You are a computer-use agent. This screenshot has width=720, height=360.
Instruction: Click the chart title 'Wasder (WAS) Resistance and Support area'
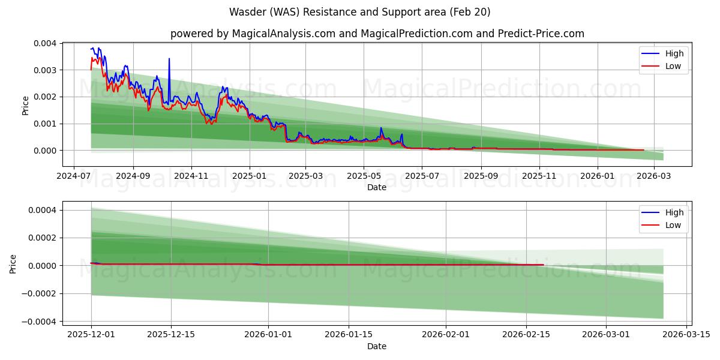(359, 12)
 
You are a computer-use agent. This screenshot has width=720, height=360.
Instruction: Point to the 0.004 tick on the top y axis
(46, 43)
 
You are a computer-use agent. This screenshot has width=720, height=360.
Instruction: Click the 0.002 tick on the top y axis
(46, 97)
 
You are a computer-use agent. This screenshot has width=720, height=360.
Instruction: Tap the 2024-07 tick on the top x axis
(74, 176)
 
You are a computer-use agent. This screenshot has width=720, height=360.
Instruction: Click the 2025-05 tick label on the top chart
(363, 176)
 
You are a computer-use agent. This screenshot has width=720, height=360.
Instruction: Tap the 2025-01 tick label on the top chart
(249, 176)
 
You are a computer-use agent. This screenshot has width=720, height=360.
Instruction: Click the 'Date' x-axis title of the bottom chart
(377, 346)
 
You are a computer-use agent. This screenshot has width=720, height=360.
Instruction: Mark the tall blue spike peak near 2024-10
(169, 59)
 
